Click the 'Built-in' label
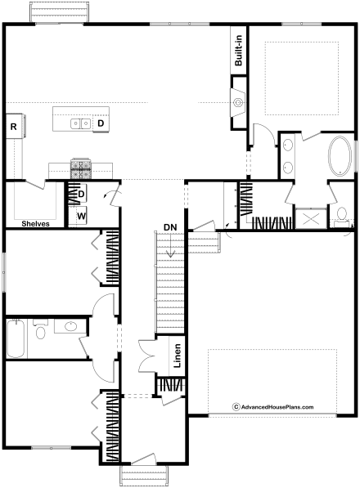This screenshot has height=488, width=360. coord(239,51)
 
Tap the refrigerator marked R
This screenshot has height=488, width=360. coord(14,127)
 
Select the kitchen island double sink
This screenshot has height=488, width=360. coord(81,123)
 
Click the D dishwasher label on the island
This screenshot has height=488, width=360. coord(101,123)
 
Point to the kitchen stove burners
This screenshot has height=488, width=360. coord(81,168)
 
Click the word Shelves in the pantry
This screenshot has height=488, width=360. coord(35,223)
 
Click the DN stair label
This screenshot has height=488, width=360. coord(170,227)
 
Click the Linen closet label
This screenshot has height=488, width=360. coord(178,356)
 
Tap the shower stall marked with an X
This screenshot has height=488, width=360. coord(311,219)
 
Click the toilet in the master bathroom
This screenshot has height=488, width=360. coord(342,217)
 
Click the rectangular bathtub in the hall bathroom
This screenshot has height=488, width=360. coord(16,338)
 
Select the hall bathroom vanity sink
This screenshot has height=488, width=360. coord(70,326)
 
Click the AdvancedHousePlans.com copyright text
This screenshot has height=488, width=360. coord(273,407)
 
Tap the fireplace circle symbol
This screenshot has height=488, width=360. coord(239,102)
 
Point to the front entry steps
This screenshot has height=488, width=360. coord(144,476)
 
